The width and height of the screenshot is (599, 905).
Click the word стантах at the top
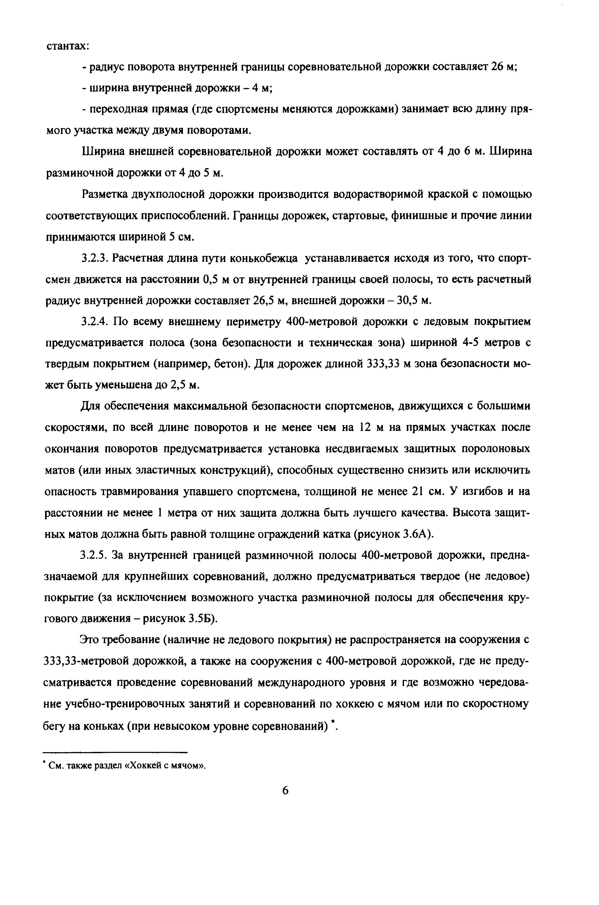(x=68, y=46)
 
